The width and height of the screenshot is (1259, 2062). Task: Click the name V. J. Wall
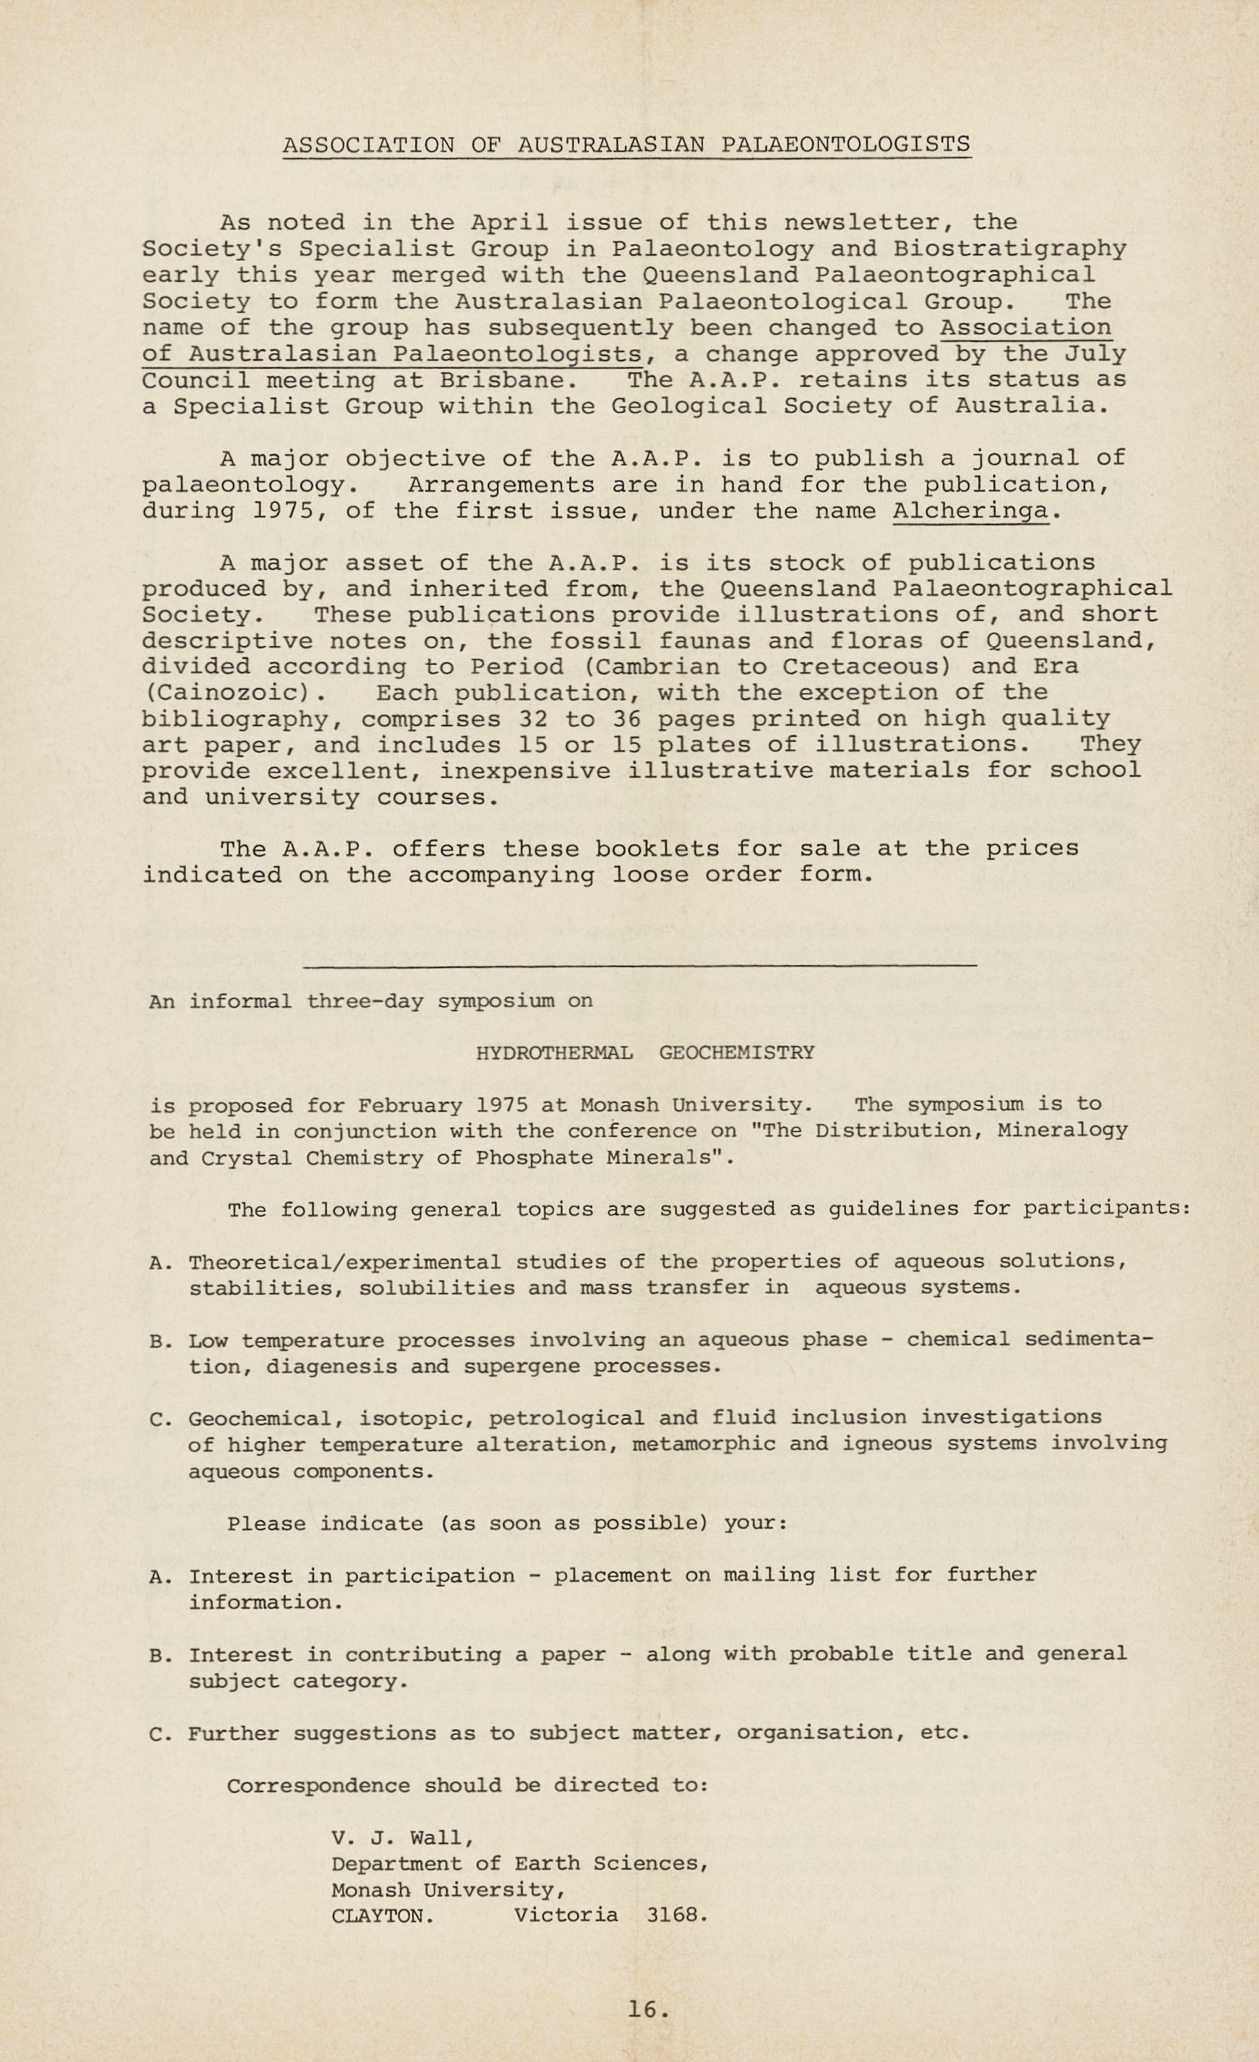pyautogui.click(x=403, y=1838)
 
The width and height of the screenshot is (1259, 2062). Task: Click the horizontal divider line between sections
pyautogui.click(x=639, y=966)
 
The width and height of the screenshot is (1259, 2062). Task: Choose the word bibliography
pyautogui.click(x=235, y=719)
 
